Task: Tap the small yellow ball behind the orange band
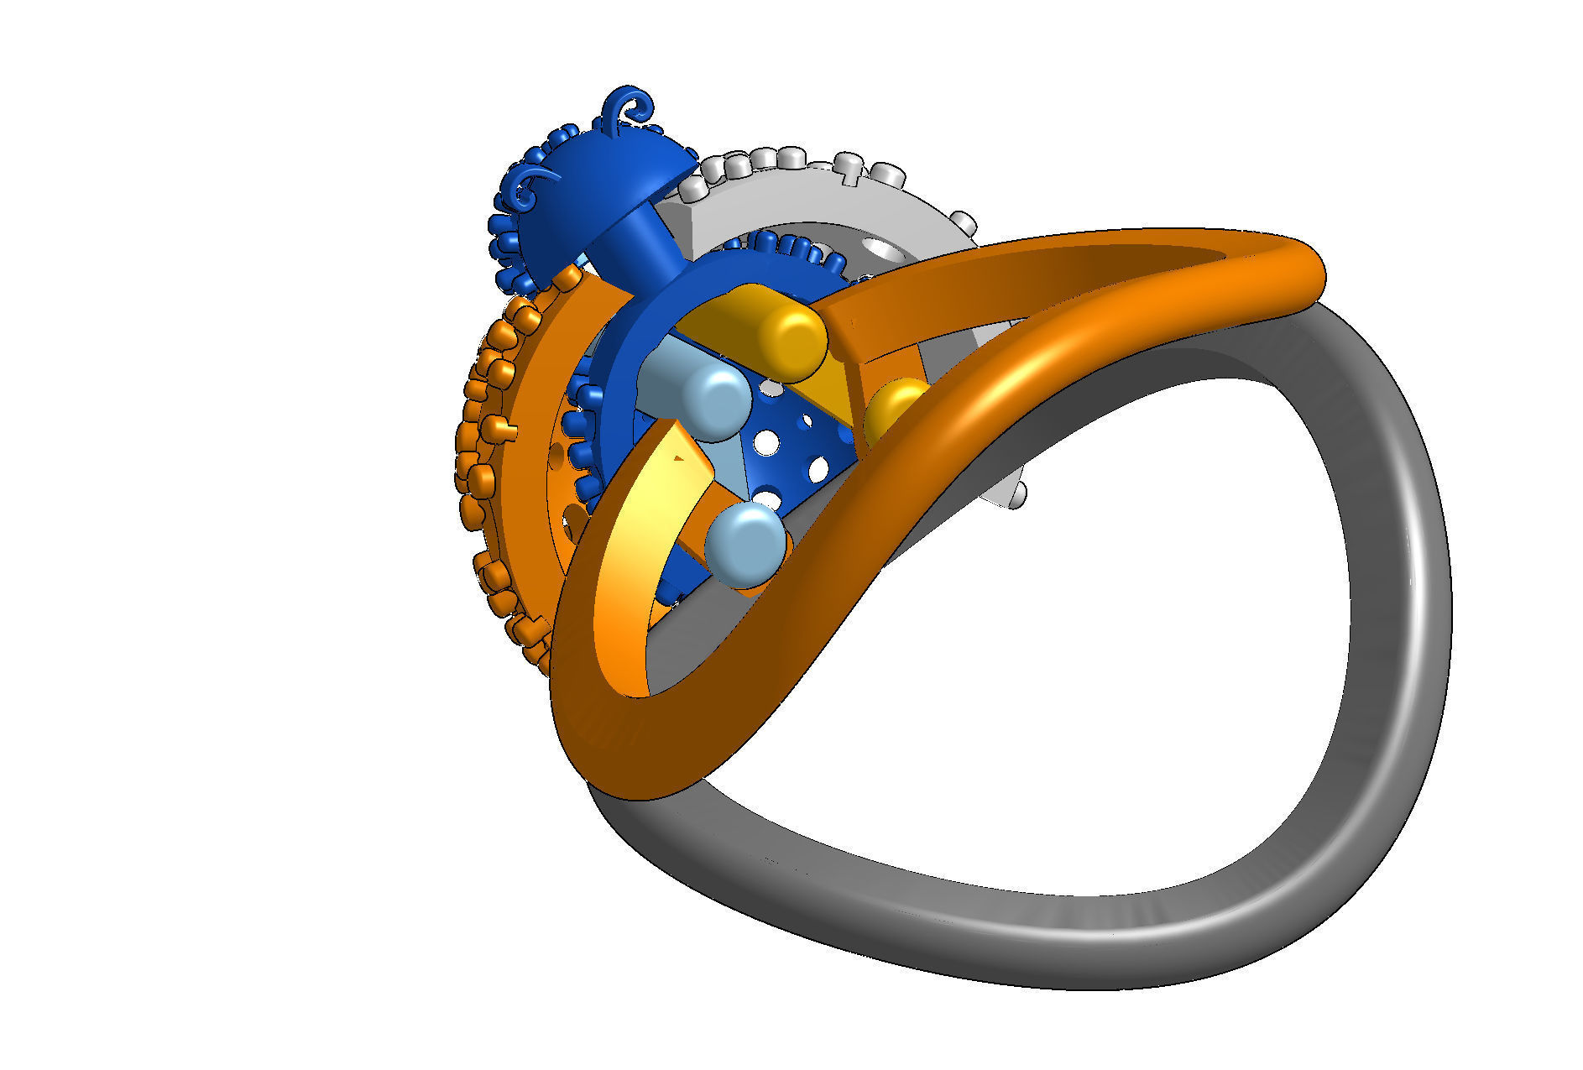(891, 407)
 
